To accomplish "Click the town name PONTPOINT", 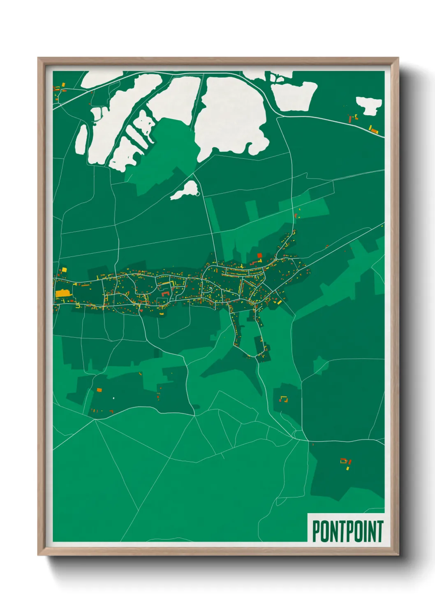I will coord(347,531).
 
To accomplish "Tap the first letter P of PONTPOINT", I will coord(316,531).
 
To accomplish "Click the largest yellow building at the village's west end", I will coord(62,293).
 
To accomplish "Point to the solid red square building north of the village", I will coord(259,256).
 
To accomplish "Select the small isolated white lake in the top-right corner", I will coord(369,105).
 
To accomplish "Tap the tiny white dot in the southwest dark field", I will coord(113,398).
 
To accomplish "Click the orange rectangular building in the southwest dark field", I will coord(99,389).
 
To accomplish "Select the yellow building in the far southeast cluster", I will coord(347,467).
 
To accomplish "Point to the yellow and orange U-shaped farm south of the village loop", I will coord(283,399).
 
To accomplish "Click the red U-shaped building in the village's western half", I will coord(165,293).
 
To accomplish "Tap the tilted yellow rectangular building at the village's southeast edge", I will coord(278,302).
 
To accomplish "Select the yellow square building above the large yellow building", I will coord(64,270).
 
